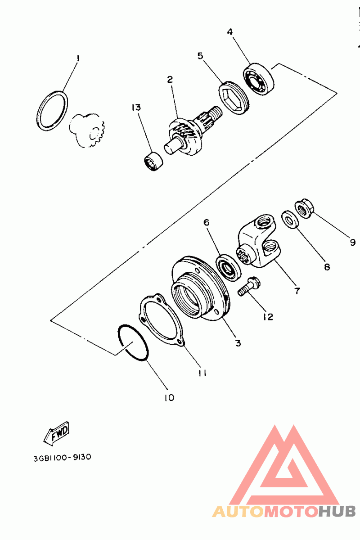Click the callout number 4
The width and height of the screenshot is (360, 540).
click(230, 32)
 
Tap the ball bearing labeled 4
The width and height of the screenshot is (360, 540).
click(258, 79)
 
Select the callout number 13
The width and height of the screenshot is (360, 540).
click(136, 107)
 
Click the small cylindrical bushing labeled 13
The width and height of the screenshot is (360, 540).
click(153, 161)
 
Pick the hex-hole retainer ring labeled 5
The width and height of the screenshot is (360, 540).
click(234, 98)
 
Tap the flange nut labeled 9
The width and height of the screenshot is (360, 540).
click(304, 208)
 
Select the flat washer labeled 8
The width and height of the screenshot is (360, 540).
click(290, 219)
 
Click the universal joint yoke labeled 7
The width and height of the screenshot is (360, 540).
click(258, 241)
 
